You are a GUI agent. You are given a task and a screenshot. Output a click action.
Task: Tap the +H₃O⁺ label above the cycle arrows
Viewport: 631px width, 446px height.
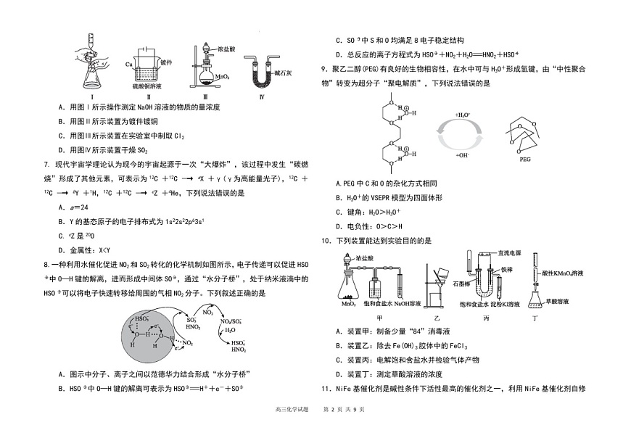click(462, 115)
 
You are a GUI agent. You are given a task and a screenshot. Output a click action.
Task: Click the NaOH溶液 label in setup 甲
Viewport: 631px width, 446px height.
click(408, 304)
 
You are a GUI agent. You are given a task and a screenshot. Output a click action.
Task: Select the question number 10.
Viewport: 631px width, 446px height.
click(326, 240)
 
